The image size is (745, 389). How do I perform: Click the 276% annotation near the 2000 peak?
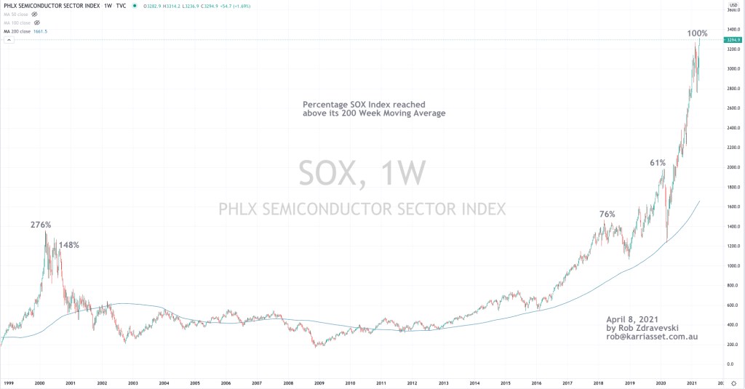[40, 225]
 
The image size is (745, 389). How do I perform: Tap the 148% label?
[68, 245]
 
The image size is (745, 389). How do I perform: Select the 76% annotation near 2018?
[607, 214]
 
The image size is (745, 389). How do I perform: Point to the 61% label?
[658, 163]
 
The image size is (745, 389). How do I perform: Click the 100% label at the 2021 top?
[697, 33]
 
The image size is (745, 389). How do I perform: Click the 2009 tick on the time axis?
[319, 382]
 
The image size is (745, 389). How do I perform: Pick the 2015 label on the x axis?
[505, 382]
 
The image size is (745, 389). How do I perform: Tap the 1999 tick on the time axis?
[9, 382]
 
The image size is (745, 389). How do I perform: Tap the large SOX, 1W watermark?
[362, 173]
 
